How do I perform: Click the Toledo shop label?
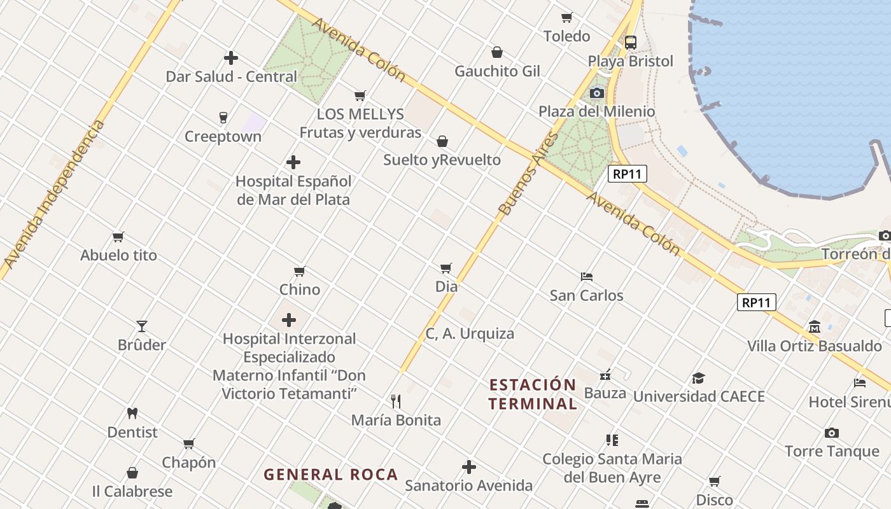tap(566, 36)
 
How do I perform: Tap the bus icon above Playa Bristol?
tap(630, 43)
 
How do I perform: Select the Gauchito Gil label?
tap(497, 71)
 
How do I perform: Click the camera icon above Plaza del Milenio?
tap(596, 93)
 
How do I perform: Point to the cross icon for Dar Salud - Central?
tap(231, 58)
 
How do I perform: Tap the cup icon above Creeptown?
tap(223, 118)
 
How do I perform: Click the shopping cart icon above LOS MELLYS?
tap(360, 96)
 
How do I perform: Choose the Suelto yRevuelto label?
tap(442, 160)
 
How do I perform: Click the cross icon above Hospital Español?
tap(293, 162)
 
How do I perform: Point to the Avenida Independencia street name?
tap(54, 194)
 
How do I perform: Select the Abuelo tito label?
tap(118, 255)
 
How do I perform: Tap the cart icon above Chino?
tap(300, 271)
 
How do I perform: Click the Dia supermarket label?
tap(446, 286)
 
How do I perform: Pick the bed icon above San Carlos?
tap(587, 277)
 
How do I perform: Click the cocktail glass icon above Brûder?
tap(142, 326)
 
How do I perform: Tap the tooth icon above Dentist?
tap(132, 413)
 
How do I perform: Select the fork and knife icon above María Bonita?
tap(396, 401)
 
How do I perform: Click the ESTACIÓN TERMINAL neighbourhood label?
tap(533, 394)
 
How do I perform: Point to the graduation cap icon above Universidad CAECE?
tap(699, 378)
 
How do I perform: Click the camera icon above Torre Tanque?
tap(831, 433)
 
